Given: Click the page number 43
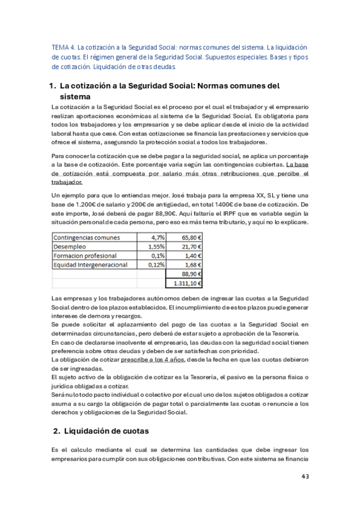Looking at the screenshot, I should pyautogui.click(x=305, y=476).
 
